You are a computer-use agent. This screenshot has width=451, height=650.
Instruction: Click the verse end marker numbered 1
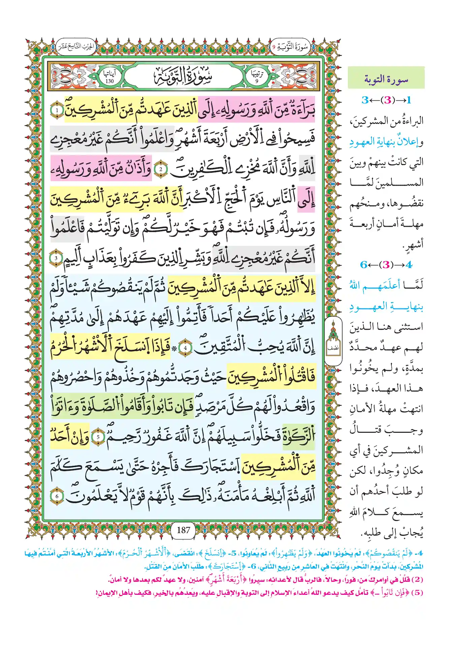[57, 110]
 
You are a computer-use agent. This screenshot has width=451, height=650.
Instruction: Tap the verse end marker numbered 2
[161, 169]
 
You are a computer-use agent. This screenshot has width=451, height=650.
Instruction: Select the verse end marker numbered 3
[56, 258]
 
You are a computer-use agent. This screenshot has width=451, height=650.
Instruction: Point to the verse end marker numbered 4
[185, 348]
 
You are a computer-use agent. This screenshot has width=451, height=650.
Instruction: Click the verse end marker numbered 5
[98, 437]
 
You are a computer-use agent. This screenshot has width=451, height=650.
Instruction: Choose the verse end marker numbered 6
[57, 496]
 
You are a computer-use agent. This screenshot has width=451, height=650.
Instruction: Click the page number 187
[183, 530]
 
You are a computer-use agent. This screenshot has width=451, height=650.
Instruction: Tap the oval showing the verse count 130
[109, 77]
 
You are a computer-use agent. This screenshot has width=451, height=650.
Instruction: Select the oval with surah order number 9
[257, 77]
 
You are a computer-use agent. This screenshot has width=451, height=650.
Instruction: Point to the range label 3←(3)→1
[386, 100]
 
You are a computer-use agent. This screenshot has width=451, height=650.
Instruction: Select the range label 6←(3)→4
[386, 265]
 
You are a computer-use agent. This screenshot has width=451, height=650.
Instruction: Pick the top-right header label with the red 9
[290, 47]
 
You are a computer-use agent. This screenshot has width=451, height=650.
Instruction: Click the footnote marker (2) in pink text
[417, 580]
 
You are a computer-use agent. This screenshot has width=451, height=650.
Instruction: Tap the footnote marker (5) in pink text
[417, 592]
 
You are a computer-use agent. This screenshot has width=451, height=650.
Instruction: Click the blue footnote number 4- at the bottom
[419, 553]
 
